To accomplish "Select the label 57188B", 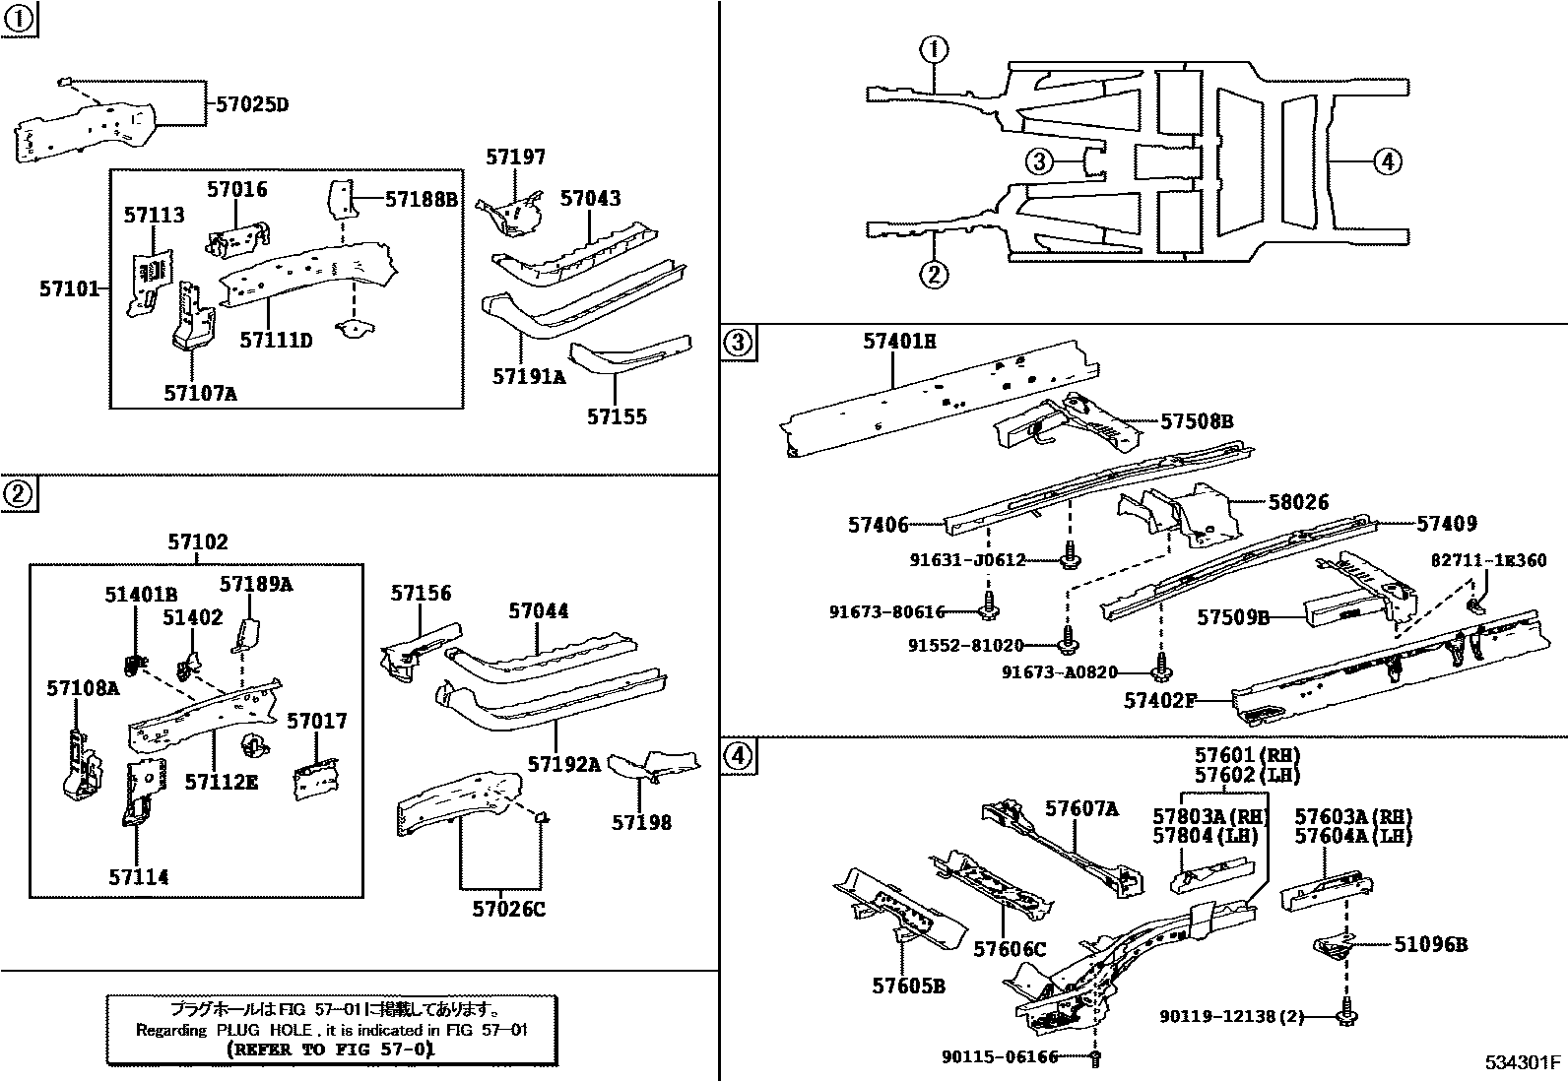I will tap(421, 199).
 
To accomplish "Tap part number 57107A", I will tap(200, 393).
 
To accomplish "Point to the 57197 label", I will tap(515, 158).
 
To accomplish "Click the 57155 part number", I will tap(617, 416).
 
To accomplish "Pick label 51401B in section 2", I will tap(141, 595).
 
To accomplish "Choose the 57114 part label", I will tap(138, 877).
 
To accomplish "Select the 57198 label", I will tap(641, 822).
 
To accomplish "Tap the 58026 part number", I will tap(1298, 502).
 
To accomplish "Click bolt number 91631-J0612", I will tap(967, 560).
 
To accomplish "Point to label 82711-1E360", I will tap(1488, 560).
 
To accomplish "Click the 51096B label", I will tap(1430, 944).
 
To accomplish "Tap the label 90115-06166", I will tap(999, 1056).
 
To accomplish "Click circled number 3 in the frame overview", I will tap(1040, 161).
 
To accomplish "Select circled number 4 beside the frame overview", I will tap(1386, 161).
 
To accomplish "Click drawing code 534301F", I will tap(1524, 1062).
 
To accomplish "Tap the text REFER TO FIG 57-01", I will tap(329, 1049).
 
